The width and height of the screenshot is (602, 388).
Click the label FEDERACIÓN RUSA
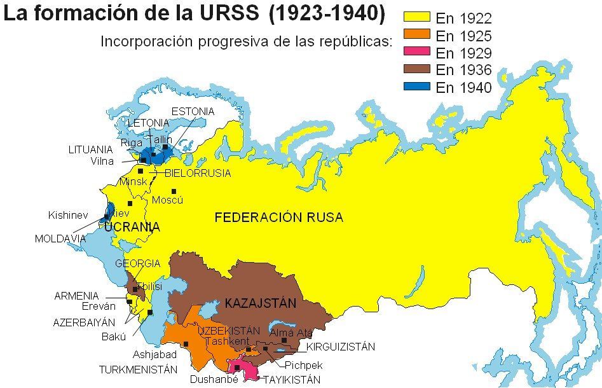pos(278,218)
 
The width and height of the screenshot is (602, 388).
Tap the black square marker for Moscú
pos(173,191)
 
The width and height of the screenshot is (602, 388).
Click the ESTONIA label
pos(193,111)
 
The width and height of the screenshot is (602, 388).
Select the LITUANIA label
pos(90,150)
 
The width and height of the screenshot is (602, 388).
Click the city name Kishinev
pos(67,216)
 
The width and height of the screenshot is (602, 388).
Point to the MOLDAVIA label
pos(60,239)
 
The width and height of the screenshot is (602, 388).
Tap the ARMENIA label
pos(76,296)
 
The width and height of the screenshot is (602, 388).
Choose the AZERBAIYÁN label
pos(84,322)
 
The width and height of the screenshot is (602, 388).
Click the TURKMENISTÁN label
pos(137,369)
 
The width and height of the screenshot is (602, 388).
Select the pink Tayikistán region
pos(245,370)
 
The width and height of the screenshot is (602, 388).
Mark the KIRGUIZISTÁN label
pos(340,347)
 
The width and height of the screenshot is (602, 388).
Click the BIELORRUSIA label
pos(198,173)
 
